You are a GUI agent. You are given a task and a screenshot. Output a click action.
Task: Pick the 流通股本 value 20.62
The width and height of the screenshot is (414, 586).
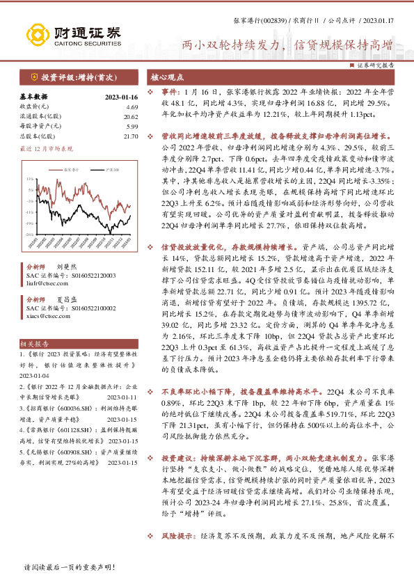click(131, 116)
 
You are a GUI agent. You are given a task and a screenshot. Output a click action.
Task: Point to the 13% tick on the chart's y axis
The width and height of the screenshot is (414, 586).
click(31, 180)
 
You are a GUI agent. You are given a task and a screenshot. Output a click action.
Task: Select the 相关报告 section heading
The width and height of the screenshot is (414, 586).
click(34, 344)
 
